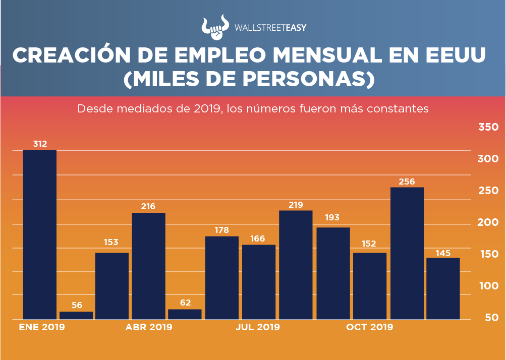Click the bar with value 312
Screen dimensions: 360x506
[40, 234]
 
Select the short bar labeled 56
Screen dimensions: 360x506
[76, 316]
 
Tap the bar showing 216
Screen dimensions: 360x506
[148, 266]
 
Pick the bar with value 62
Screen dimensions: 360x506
[185, 314]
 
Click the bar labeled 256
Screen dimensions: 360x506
[407, 253]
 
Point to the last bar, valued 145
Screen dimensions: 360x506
[443, 288]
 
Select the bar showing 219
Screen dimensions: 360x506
[296, 265]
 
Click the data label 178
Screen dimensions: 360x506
[222, 230]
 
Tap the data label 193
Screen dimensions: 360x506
[332, 218]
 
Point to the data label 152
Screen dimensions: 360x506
[369, 243]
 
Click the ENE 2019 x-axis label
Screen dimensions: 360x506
[42, 327]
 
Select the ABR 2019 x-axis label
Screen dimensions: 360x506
[149, 327]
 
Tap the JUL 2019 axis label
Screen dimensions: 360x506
[258, 327]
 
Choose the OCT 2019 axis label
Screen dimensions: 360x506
[369, 327]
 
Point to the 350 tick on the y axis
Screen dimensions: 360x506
[488, 127]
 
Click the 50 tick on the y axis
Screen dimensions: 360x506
[491, 318]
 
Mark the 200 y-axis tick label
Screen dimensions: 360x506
[488, 222]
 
